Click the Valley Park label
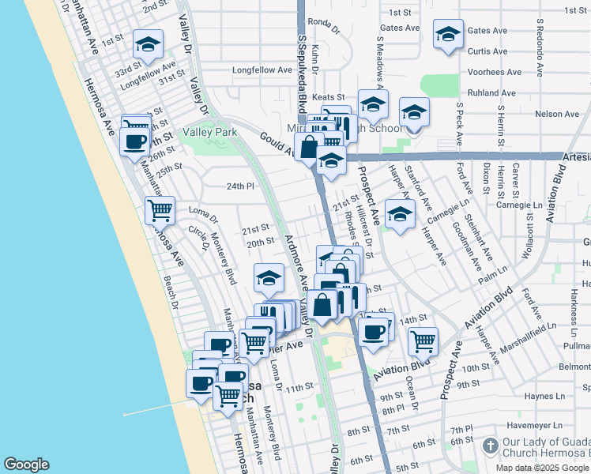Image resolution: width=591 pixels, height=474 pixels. point(210,132)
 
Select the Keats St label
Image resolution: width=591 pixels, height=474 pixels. point(327,96)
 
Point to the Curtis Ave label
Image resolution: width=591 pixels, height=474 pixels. point(487,51)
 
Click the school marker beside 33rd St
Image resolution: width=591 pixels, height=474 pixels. point(148,44)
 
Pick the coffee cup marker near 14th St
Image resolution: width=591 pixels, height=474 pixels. point(373,331)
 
